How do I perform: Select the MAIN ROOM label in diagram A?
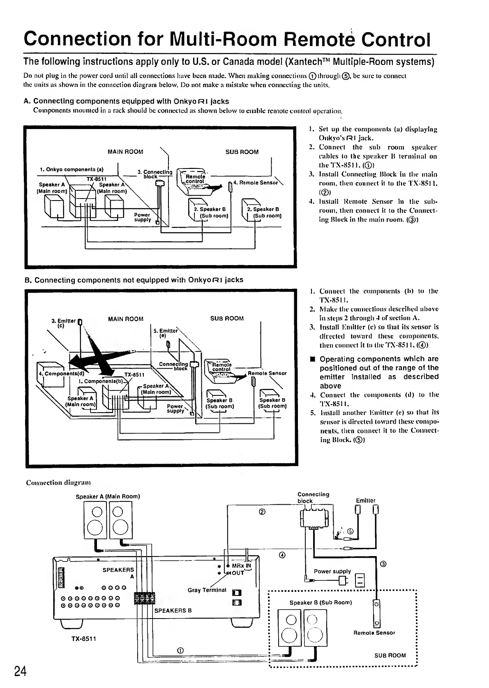125,152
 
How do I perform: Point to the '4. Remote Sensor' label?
255,182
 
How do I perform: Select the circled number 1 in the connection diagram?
179,650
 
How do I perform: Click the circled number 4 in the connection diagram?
282,555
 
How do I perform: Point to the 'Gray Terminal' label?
207,590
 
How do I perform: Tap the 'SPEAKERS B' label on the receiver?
173,610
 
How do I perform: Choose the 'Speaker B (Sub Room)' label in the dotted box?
321,603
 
